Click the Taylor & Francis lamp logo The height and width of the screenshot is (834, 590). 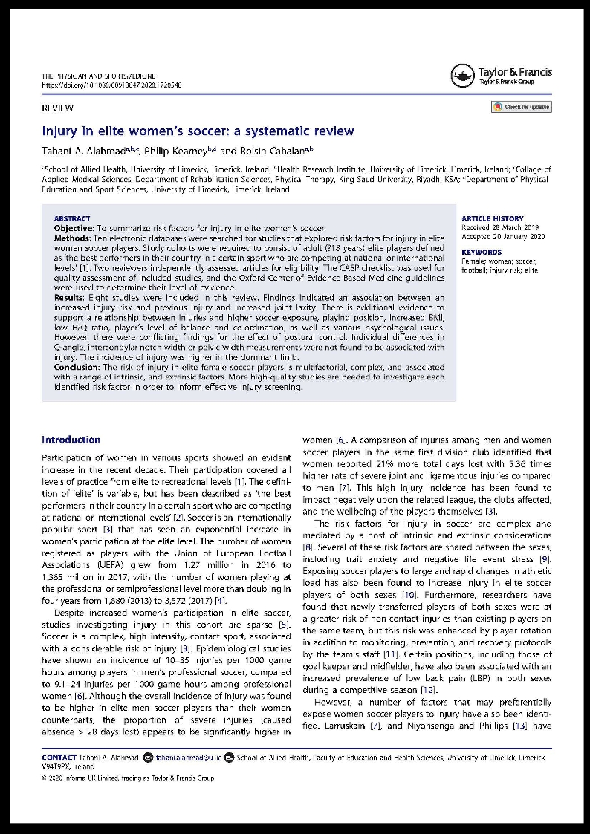click(x=462, y=75)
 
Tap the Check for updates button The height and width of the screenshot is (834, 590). click(x=521, y=107)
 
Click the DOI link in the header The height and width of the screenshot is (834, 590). click(x=111, y=85)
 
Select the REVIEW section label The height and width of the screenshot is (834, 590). click(x=57, y=108)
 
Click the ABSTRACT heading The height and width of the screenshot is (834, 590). click(x=72, y=219)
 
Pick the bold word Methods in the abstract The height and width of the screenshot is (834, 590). click(x=73, y=237)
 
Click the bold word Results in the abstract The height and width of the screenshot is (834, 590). click(x=71, y=298)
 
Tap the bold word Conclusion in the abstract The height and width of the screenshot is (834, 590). click(x=77, y=367)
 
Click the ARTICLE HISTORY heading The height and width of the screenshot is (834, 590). click(x=493, y=219)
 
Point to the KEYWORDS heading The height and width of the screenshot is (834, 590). click(x=482, y=253)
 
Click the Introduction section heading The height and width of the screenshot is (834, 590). click(x=71, y=440)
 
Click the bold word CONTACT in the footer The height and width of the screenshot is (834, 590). click(x=59, y=758)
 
